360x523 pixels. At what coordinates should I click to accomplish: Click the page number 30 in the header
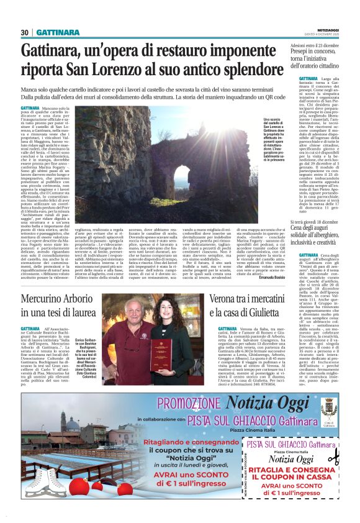pos(25,32)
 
